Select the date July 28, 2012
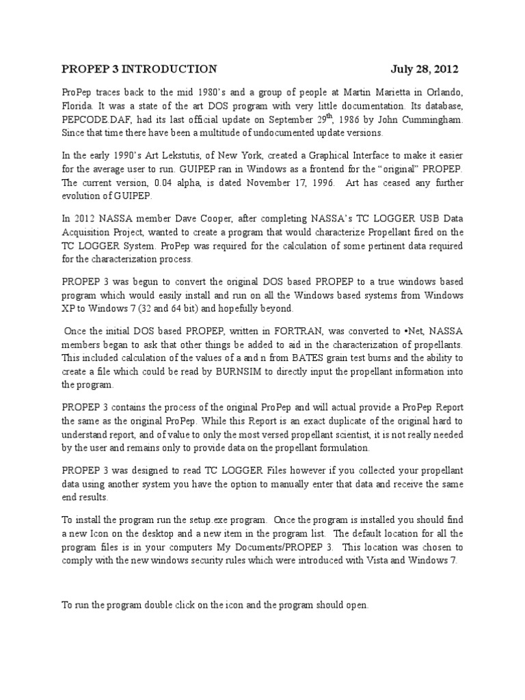point(425,69)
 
